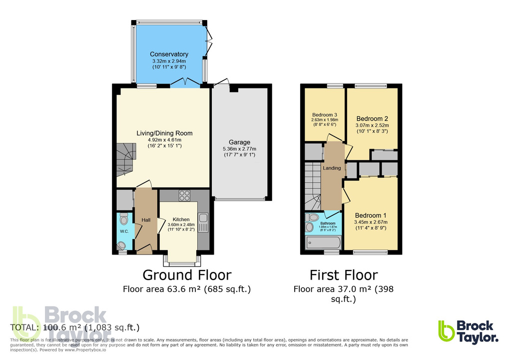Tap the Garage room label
[x=239, y=142]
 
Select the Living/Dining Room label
[x=164, y=133]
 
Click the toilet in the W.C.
[x=124, y=219]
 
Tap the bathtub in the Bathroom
[x=323, y=243]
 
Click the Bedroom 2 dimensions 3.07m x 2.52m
[x=372, y=125]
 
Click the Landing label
[x=332, y=168]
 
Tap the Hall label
[x=146, y=220]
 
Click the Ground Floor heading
[x=187, y=275]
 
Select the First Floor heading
[x=344, y=275]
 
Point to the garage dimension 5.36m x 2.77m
[x=239, y=148]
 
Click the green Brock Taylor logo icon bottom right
[x=447, y=330]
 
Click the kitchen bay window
[x=182, y=260]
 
